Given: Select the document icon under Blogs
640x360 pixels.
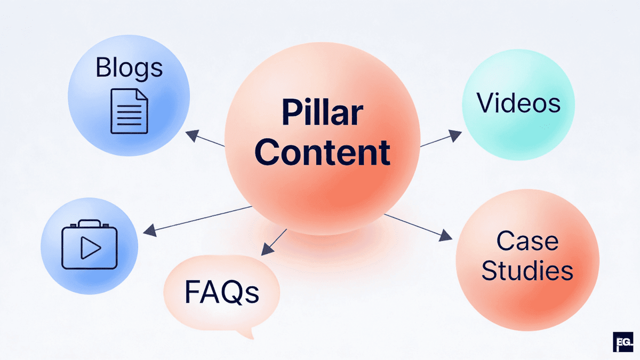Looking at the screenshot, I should pyautogui.click(x=129, y=111).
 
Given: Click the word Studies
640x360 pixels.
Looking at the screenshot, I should pyautogui.click(x=527, y=271).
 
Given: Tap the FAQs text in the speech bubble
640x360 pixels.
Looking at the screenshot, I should pyautogui.click(x=222, y=292).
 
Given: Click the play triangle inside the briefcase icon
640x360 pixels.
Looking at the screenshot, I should pyautogui.click(x=90, y=247).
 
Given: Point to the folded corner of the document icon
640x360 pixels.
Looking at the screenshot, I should pyautogui.click(x=141, y=95).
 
